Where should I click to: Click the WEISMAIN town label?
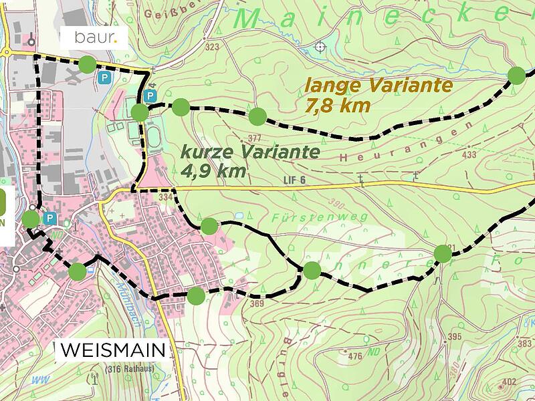[112, 350]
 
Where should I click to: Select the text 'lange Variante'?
[378, 86]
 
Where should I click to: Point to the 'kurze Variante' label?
[250, 152]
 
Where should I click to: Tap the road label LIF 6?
[294, 180]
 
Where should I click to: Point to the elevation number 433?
[469, 155]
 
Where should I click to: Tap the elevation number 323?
[213, 47]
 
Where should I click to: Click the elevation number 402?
[509, 382]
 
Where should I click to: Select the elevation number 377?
[254, 138]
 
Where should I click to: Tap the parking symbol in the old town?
[49, 218]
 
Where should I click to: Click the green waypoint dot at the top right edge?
[516, 75]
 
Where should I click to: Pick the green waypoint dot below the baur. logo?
[87, 64]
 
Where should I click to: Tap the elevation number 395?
[455, 336]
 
